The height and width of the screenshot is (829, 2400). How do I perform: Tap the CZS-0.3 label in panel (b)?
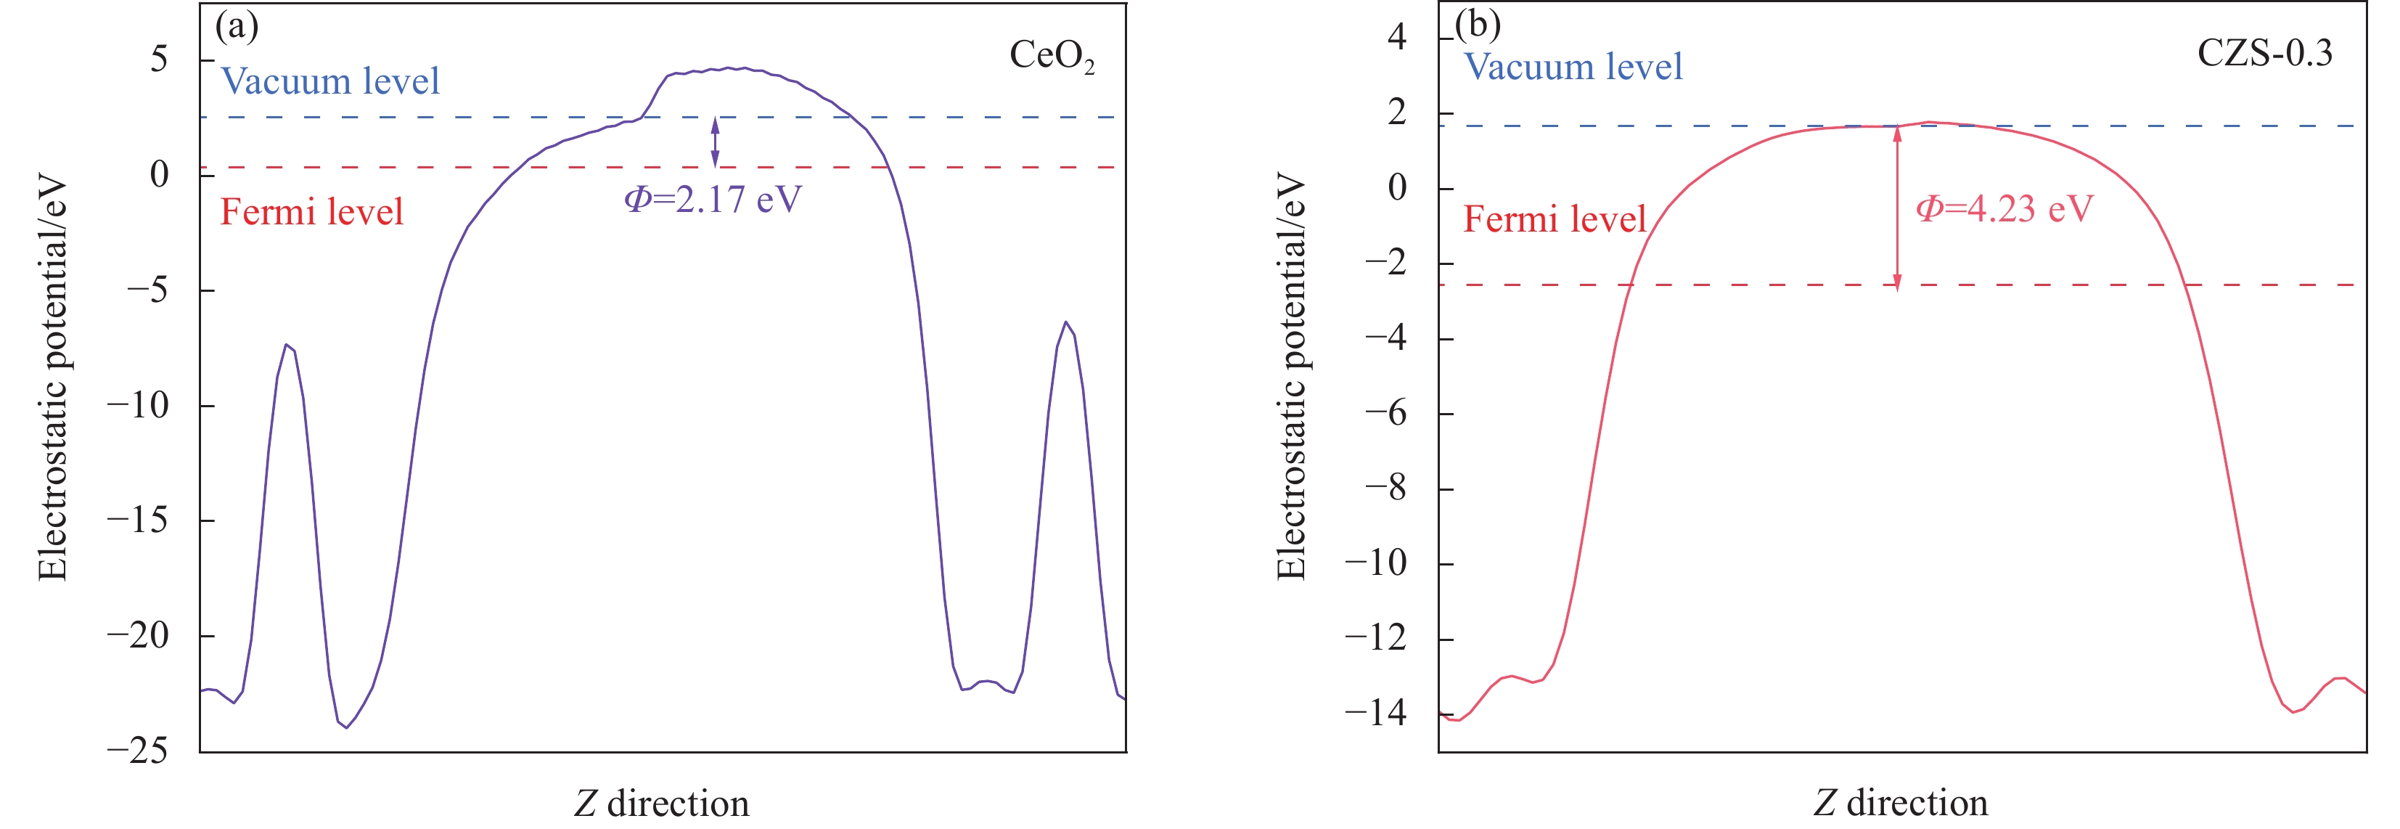tap(2264, 52)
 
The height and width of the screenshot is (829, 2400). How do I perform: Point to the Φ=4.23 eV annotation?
tap(2004, 208)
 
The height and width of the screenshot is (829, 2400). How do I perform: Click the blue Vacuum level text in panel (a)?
tap(329, 82)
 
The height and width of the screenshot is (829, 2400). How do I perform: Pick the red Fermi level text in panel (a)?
tap(311, 213)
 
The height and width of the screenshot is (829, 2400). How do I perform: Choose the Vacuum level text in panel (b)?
tap(1573, 67)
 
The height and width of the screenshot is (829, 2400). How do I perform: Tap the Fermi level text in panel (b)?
tap(1554, 220)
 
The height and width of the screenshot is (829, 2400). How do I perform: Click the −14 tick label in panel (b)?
tap(1375, 714)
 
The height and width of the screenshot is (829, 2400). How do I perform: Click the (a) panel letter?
tap(237, 26)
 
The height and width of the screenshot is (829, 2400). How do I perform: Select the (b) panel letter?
tap(1478, 24)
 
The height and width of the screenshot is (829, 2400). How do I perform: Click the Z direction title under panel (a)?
tap(660, 803)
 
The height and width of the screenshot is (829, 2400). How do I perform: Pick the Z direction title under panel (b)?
tap(1900, 803)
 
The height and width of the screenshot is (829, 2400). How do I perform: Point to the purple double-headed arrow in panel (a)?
tap(715, 142)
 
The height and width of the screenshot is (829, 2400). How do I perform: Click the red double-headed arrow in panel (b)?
tap(1897, 207)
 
